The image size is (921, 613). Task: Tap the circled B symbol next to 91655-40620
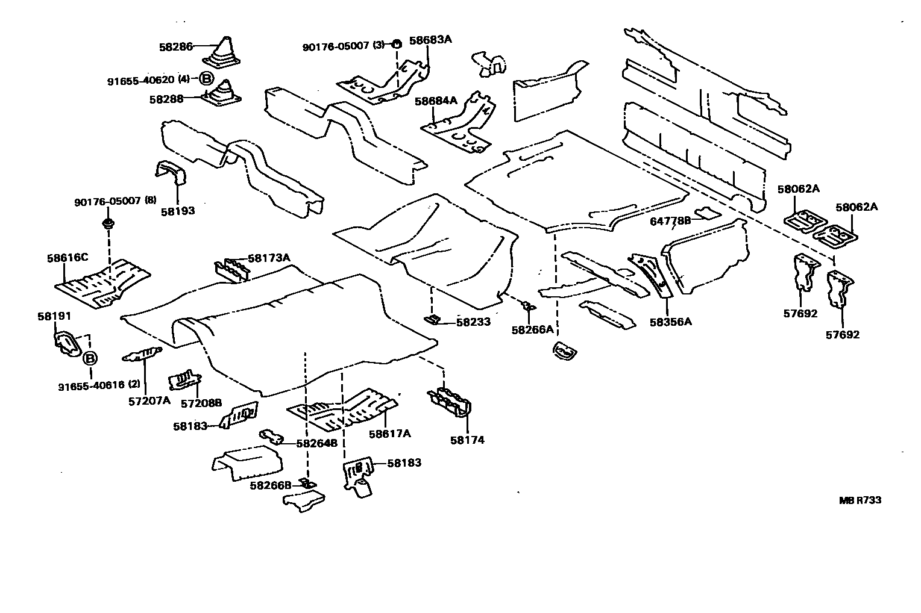(206, 79)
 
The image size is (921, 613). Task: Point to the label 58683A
(430, 40)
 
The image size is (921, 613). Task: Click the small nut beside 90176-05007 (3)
(397, 44)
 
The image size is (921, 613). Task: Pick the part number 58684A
(436, 101)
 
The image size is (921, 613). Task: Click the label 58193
(178, 211)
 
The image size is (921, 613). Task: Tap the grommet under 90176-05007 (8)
(108, 224)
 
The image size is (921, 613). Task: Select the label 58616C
(68, 258)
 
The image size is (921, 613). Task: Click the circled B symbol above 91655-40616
(89, 359)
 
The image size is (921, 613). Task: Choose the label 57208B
(201, 402)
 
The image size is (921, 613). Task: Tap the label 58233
(473, 322)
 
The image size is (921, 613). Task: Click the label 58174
(467, 440)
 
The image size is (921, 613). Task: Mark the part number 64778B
(670, 222)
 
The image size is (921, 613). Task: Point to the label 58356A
(670, 322)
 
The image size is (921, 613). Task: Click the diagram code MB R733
(860, 500)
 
